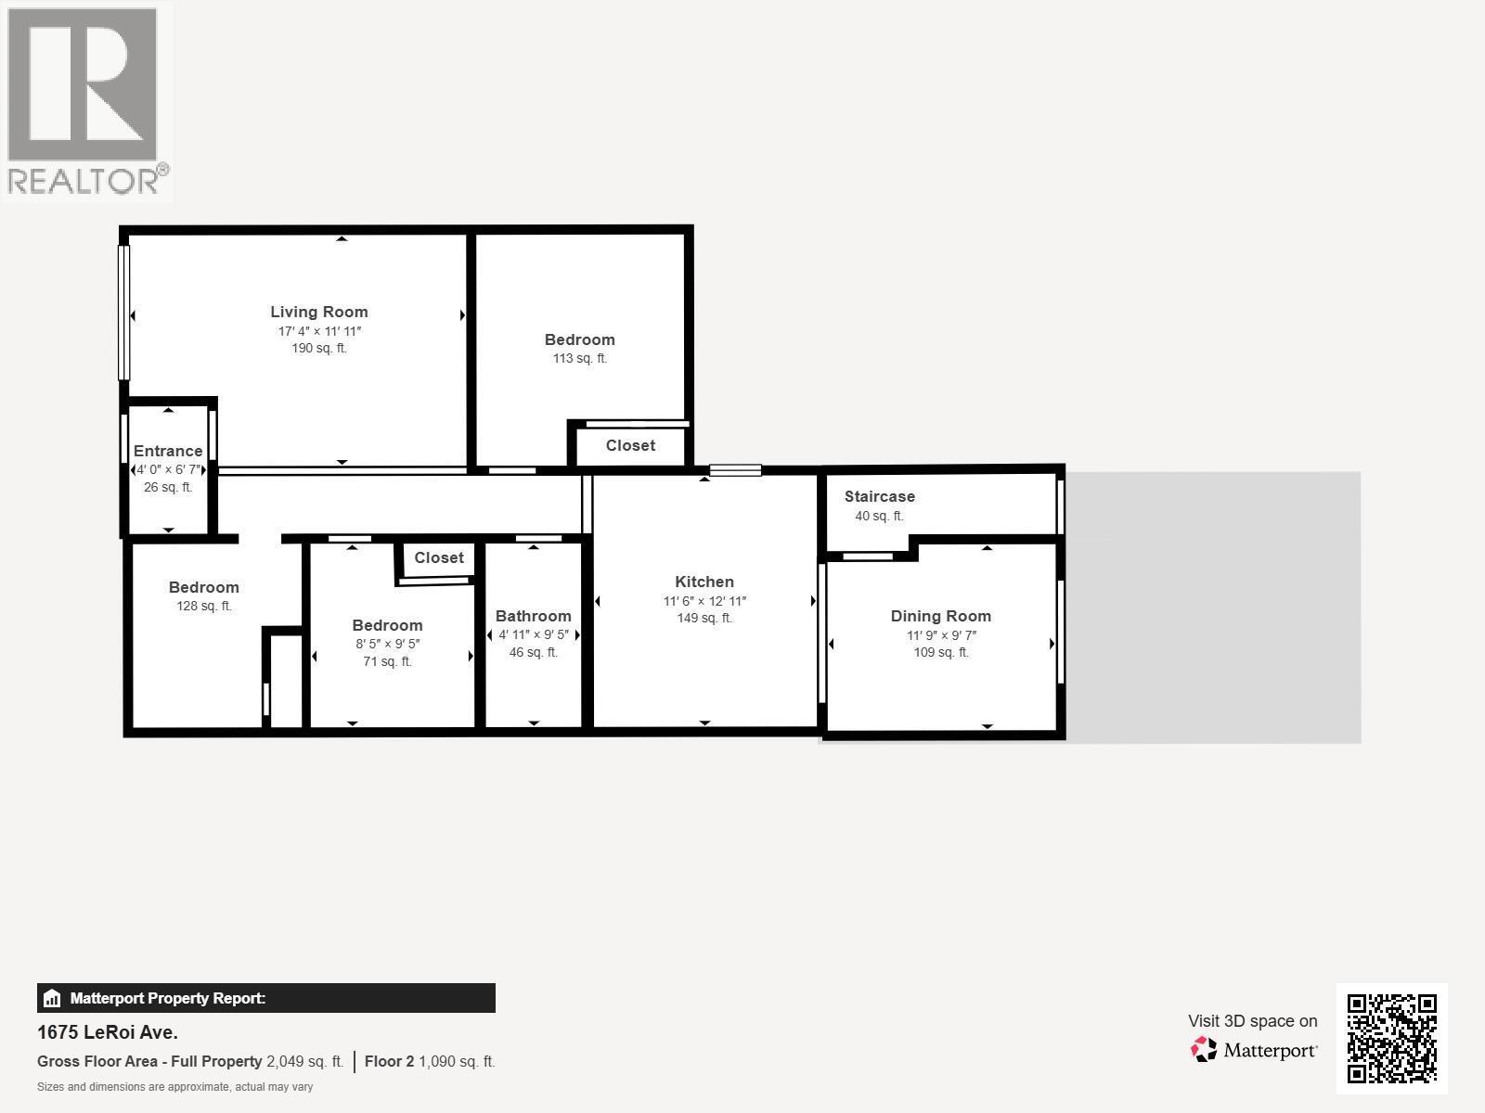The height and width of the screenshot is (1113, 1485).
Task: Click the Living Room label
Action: pyautogui.click(x=318, y=312)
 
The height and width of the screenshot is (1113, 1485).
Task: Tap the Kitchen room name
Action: pyautogui.click(x=704, y=582)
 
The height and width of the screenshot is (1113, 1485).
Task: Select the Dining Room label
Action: pyautogui.click(x=940, y=616)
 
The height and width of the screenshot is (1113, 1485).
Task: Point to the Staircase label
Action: pyautogui.click(x=879, y=496)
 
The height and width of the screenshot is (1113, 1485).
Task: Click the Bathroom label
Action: pyautogui.click(x=533, y=616)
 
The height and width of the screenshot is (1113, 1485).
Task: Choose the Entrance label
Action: pyautogui.click(x=168, y=451)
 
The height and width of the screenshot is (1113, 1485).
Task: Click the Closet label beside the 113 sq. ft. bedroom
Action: pyautogui.click(x=630, y=445)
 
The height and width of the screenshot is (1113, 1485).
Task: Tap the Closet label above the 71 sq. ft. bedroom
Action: pyautogui.click(x=438, y=557)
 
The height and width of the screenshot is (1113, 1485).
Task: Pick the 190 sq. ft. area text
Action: pyautogui.click(x=318, y=349)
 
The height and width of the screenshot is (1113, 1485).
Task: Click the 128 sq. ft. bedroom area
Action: pyautogui.click(x=204, y=607)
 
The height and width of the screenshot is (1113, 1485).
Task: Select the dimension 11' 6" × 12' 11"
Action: pyautogui.click(x=704, y=601)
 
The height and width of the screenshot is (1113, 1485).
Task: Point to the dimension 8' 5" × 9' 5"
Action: pyautogui.click(x=387, y=644)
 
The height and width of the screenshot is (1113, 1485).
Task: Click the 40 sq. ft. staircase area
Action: pyautogui.click(x=879, y=516)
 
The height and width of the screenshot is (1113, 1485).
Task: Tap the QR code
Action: pyautogui.click(x=1391, y=1038)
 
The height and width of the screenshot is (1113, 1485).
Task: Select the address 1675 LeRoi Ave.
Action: pyautogui.click(x=108, y=1032)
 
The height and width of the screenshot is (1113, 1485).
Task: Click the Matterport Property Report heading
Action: pyautogui.click(x=168, y=999)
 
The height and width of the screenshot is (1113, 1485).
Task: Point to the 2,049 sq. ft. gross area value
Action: pyautogui.click(x=304, y=1061)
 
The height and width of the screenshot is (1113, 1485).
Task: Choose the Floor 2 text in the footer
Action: pyautogui.click(x=389, y=1061)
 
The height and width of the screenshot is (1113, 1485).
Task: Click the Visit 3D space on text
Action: pyautogui.click(x=1252, y=1021)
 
